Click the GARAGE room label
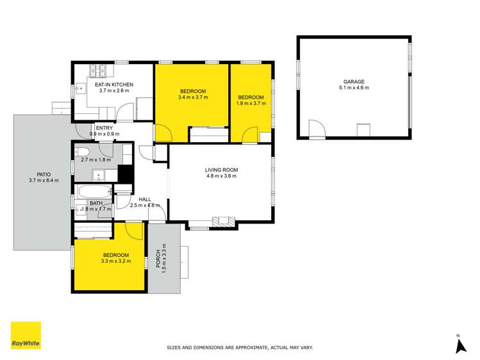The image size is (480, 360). click(x=353, y=81)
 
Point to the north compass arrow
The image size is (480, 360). click(x=459, y=345)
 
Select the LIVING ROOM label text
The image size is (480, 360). click(x=221, y=170)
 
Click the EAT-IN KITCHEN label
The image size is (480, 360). click(x=114, y=85)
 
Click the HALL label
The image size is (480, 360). click(x=145, y=199)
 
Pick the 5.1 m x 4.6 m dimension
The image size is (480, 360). click(x=353, y=88)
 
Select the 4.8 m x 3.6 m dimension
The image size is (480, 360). click(x=221, y=176)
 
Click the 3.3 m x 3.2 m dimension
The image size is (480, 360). click(x=115, y=261)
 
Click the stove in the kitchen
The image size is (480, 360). click(x=100, y=70)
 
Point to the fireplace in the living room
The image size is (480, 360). click(x=224, y=222)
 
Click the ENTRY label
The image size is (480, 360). click(x=104, y=128)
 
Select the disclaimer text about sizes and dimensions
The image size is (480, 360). click(x=239, y=348)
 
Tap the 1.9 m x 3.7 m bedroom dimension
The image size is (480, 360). click(x=250, y=104)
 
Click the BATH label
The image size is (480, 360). click(x=96, y=203)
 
